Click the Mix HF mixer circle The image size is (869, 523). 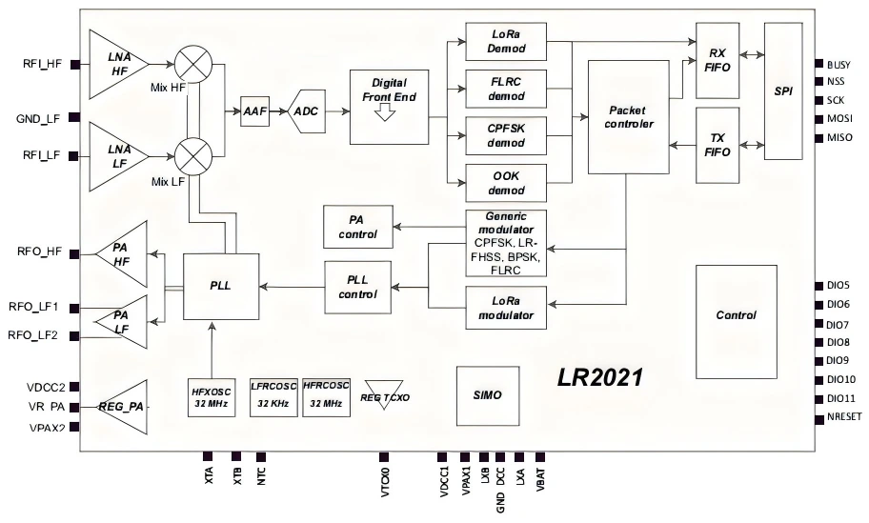[194, 65]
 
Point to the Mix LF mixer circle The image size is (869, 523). [194, 153]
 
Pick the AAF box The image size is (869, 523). [254, 111]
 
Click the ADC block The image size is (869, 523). [306, 111]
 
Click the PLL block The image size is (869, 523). [220, 286]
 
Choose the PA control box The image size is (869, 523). [357, 226]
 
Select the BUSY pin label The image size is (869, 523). [839, 64]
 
